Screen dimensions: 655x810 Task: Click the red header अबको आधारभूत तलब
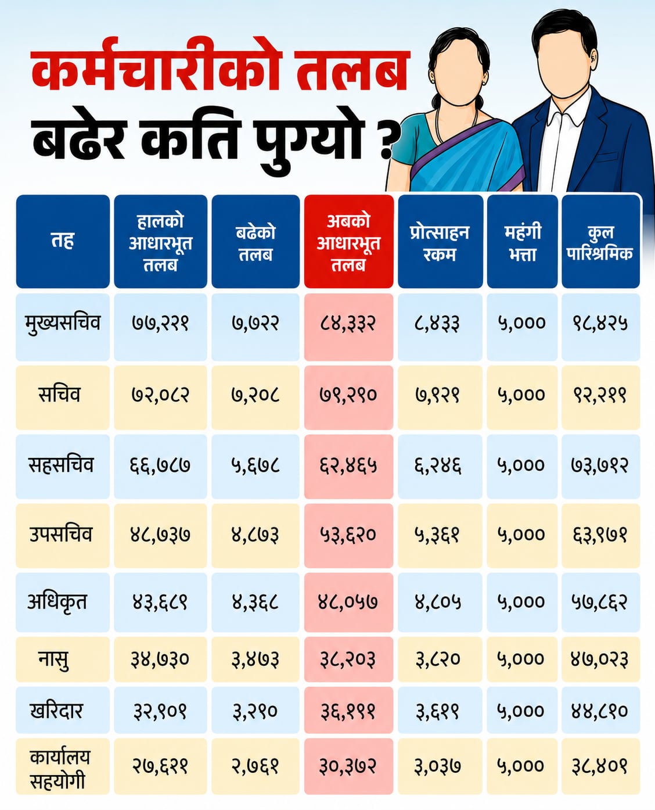click(x=348, y=242)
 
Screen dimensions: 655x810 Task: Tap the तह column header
click(x=63, y=242)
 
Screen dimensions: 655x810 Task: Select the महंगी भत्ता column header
click(x=522, y=242)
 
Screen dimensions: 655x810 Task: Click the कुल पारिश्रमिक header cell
click(x=600, y=242)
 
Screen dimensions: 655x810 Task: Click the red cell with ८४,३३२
click(x=348, y=327)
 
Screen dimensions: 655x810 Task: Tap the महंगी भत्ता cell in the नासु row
click(x=522, y=660)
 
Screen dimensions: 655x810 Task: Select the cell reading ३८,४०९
click(x=600, y=766)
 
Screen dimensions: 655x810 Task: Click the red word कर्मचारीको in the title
click(x=155, y=69)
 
